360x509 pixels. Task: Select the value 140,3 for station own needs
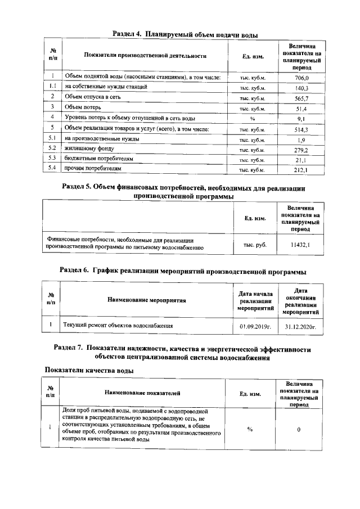point(302,88)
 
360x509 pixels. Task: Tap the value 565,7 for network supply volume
point(302,98)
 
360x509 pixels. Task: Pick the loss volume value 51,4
point(302,109)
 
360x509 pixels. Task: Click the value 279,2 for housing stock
point(302,150)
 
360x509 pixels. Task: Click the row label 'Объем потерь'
point(84,107)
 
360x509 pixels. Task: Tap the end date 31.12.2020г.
point(300,326)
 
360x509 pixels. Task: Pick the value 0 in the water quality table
point(299,430)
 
